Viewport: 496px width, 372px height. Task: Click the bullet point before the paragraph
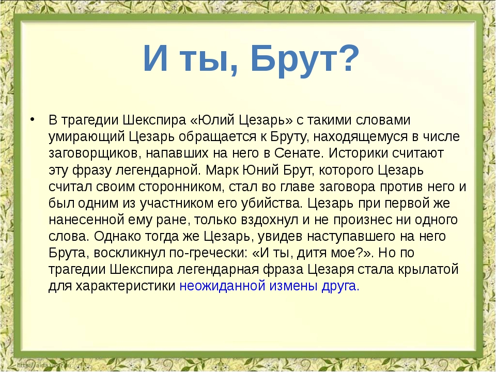32,119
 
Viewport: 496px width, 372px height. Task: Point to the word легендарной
158,170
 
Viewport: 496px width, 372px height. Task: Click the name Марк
222,170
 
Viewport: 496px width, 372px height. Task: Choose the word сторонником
181,187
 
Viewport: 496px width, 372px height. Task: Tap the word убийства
272,203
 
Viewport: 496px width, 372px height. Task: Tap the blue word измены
293,286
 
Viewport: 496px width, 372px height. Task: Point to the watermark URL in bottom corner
44,365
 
